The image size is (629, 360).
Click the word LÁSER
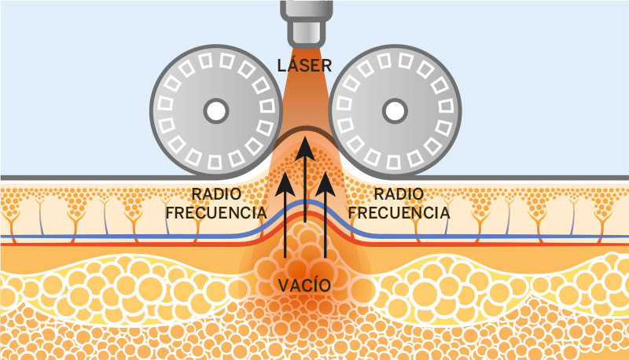coord(305,64)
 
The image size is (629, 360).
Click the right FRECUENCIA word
coord(399,212)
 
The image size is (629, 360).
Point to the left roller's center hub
coord(215,111)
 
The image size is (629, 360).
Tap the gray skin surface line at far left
coord(16,178)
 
